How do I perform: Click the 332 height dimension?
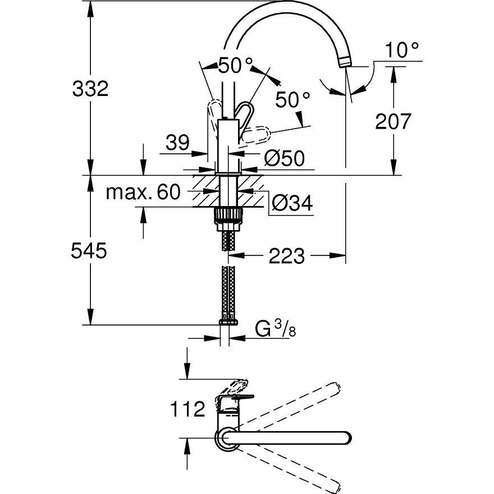(x=90, y=88)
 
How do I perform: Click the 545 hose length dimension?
(x=89, y=251)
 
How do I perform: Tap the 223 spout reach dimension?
(x=287, y=257)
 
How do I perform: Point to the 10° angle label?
(x=402, y=51)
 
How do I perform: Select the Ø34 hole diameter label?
(x=291, y=203)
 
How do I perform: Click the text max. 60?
(x=144, y=193)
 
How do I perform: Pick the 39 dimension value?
(x=178, y=144)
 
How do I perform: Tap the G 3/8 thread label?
(x=276, y=330)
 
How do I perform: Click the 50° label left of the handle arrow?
(x=232, y=65)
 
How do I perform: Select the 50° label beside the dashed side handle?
(x=292, y=100)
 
